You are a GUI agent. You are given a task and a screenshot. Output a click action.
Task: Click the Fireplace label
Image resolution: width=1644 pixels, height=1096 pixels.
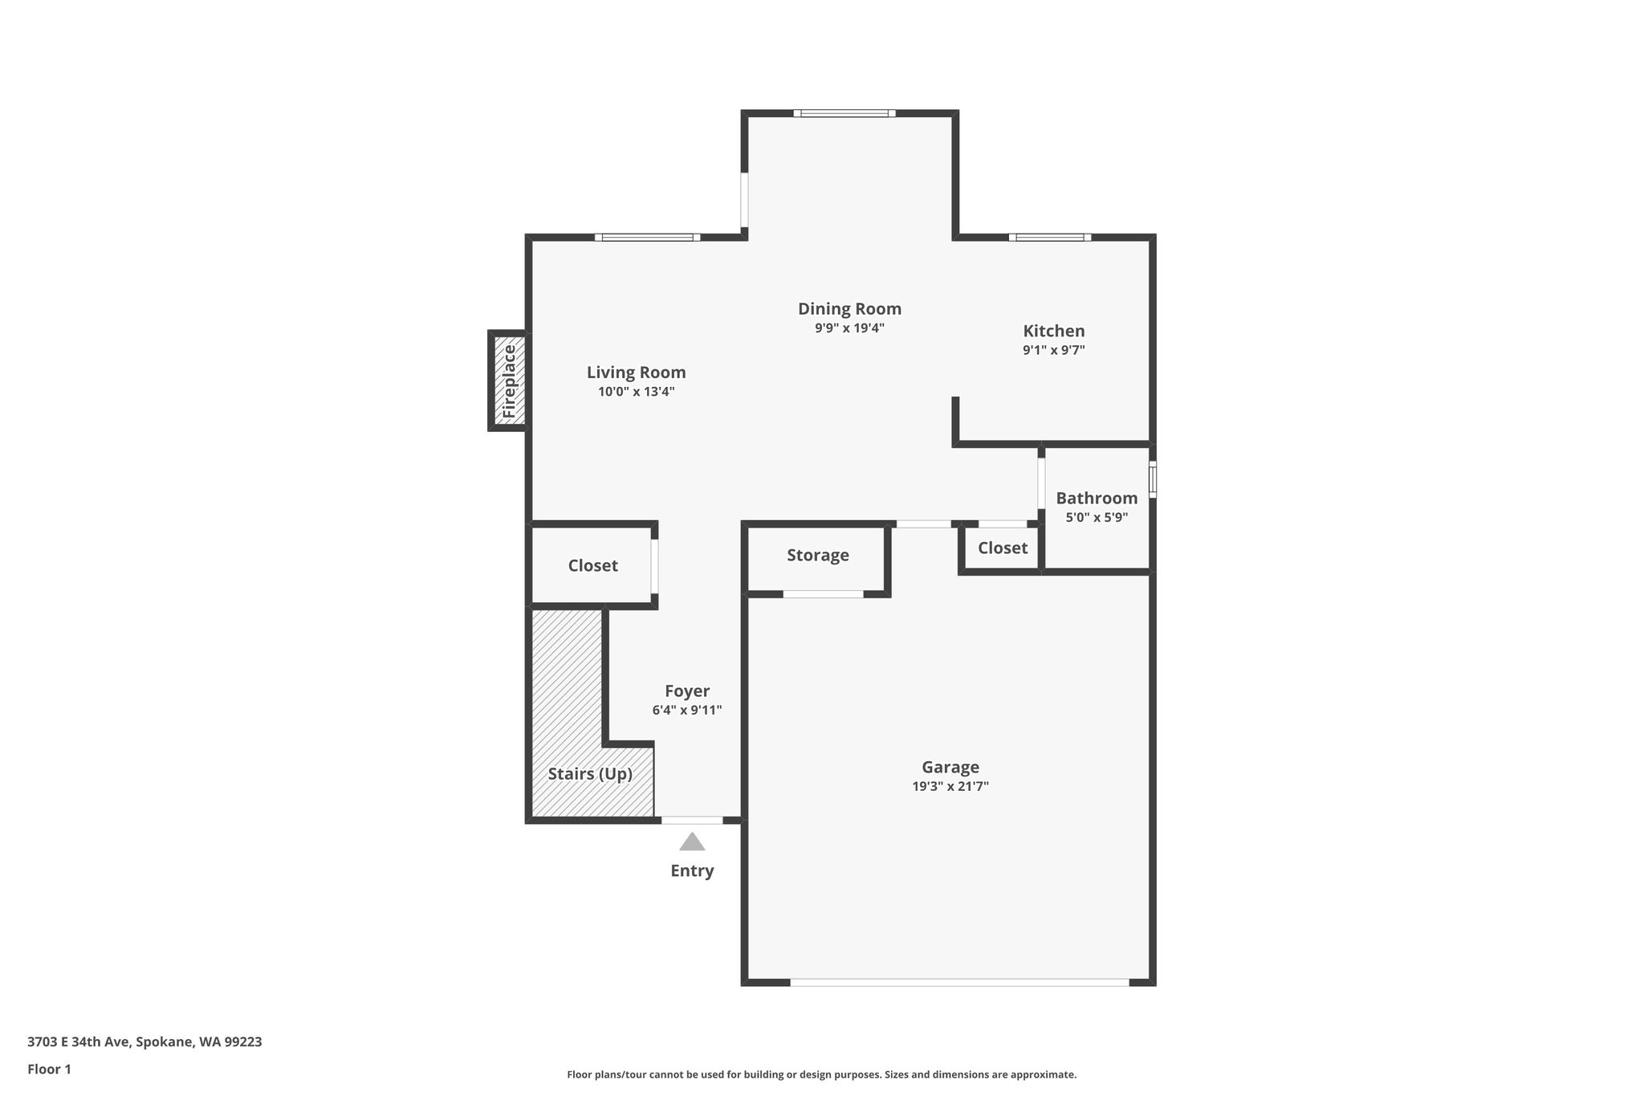click(509, 381)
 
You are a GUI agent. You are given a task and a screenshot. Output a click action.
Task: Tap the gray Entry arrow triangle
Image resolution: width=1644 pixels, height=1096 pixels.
click(692, 841)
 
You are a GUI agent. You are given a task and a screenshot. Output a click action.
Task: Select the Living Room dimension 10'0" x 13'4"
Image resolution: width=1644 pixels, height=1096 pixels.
click(637, 392)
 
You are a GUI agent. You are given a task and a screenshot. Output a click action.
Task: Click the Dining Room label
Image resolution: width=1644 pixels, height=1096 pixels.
click(849, 309)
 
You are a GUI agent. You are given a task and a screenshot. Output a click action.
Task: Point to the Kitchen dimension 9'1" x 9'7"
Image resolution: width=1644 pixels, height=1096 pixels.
click(1054, 350)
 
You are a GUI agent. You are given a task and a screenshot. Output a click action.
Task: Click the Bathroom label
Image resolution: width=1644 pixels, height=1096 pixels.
click(1097, 498)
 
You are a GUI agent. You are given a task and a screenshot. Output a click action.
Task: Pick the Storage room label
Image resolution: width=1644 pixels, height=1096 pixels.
click(818, 556)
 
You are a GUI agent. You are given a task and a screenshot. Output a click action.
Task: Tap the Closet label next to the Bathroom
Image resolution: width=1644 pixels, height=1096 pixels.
click(1003, 548)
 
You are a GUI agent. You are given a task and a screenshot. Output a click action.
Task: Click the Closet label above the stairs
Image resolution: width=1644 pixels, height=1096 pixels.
click(593, 565)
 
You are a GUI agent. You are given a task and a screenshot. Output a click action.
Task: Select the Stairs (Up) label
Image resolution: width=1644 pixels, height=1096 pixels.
click(590, 774)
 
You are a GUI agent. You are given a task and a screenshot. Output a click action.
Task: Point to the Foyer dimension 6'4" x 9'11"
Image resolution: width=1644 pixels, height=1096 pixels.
click(687, 710)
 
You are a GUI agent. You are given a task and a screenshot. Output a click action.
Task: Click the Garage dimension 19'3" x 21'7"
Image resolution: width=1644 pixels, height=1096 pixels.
click(950, 786)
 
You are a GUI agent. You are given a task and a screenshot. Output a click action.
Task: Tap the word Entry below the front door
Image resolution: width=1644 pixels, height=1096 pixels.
click(692, 871)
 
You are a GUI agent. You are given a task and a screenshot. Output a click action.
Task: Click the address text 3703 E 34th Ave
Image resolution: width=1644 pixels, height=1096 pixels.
click(78, 1042)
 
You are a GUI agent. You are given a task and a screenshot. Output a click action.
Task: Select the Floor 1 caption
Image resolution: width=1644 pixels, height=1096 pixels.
click(49, 1070)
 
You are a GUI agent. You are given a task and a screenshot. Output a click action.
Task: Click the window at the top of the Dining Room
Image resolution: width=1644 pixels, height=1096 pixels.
click(844, 113)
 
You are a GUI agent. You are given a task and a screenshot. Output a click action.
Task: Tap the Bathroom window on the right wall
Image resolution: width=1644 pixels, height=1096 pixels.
click(1153, 479)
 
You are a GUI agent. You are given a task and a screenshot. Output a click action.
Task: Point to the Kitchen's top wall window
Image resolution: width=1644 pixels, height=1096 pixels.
click(1050, 238)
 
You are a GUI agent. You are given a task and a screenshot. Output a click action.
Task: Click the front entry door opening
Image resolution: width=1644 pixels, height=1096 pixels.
click(692, 821)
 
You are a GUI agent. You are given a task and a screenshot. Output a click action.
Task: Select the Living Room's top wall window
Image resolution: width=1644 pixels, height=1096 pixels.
click(648, 238)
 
